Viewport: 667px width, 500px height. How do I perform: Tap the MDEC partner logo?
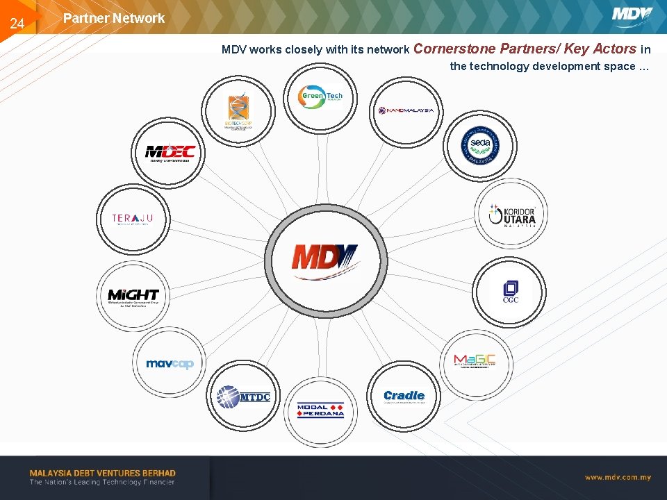pyautogui.click(x=170, y=153)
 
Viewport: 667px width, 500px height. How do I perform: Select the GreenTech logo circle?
pyautogui.click(x=320, y=97)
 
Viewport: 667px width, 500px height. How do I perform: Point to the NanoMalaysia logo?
pyautogui.click(x=406, y=110)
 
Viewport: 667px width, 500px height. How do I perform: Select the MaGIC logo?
pyautogui.click(x=475, y=360)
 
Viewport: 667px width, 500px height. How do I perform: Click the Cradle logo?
pyautogui.click(x=404, y=397)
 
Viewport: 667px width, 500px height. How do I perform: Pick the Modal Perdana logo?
pyautogui.click(x=320, y=410)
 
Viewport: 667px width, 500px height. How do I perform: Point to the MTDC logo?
pyautogui.click(x=243, y=397)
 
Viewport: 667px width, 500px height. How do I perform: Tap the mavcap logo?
pyautogui.click(x=170, y=363)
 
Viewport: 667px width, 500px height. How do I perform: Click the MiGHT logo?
pyautogui.click(x=133, y=297)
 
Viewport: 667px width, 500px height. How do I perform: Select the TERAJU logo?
pyautogui.click(x=132, y=219)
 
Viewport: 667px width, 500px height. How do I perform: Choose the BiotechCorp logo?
pyautogui.click(x=238, y=111)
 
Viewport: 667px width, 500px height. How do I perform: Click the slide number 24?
pyautogui.click(x=17, y=24)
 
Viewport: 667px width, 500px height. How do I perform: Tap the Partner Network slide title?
pyautogui.click(x=114, y=19)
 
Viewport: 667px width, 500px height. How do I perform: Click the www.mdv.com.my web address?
pyautogui.click(x=617, y=477)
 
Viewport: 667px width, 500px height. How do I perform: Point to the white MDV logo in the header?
pyautogui.click(x=632, y=15)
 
